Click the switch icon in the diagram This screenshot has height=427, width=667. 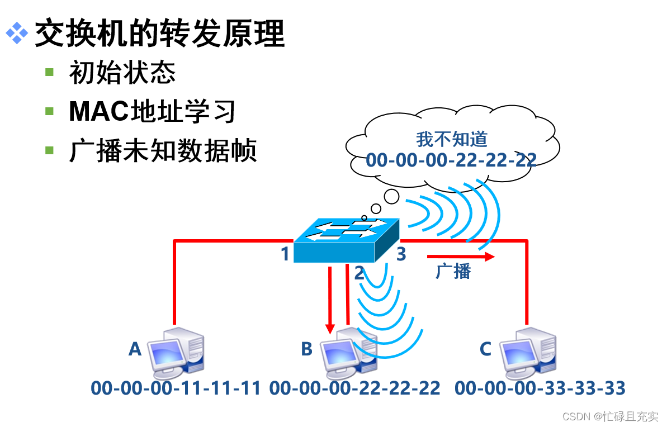click(347, 241)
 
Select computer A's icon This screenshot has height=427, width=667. click(176, 355)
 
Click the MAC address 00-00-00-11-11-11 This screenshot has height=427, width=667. click(176, 387)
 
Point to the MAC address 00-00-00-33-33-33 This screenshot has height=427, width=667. click(540, 387)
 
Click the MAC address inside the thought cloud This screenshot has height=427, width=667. click(451, 160)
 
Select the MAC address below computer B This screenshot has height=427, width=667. click(355, 387)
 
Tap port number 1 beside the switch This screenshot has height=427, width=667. click(285, 254)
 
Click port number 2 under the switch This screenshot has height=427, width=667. click(359, 273)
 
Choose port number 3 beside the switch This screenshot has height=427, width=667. click(401, 254)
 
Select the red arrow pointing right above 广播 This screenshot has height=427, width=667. click(461, 257)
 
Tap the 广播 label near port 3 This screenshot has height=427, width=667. click(453, 272)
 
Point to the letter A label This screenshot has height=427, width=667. click(135, 349)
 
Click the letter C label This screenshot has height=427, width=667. click(485, 349)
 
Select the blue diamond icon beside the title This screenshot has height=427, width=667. click(17, 34)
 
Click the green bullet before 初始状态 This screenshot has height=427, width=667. click(50, 72)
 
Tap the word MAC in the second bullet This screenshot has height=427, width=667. click(98, 112)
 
